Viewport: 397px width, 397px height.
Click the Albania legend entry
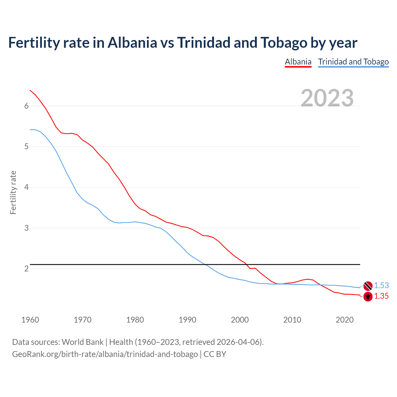pyautogui.click(x=298, y=62)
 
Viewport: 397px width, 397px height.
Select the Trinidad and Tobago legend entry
pyautogui.click(x=353, y=62)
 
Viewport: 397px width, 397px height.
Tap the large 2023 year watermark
pyautogui.click(x=327, y=98)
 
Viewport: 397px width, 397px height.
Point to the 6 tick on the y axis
pyautogui.click(x=26, y=106)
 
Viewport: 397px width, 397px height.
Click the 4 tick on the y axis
pyautogui.click(x=26, y=187)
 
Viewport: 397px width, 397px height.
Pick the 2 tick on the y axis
pyautogui.click(x=26, y=269)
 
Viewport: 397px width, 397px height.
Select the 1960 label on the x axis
pyautogui.click(x=30, y=320)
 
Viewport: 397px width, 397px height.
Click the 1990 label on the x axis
pyautogui.click(x=187, y=320)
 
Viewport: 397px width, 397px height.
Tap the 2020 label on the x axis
pyautogui.click(x=345, y=320)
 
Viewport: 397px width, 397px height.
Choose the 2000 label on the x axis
pyautogui.click(x=240, y=320)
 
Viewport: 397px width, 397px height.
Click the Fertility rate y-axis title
pyautogui.click(x=13, y=192)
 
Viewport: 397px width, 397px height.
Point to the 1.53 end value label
pyautogui.click(x=381, y=286)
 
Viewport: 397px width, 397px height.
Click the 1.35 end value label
pyautogui.click(x=381, y=296)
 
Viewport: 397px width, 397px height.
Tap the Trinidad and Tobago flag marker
pyautogui.click(x=368, y=286)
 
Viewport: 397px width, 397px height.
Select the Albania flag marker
pyautogui.click(x=368, y=297)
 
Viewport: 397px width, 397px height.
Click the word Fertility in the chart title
pyautogui.click(x=33, y=42)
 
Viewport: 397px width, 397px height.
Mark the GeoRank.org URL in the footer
pyautogui.click(x=105, y=354)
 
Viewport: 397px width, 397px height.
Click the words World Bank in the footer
pyautogui.click(x=83, y=342)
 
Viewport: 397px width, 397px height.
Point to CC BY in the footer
pyautogui.click(x=215, y=354)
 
